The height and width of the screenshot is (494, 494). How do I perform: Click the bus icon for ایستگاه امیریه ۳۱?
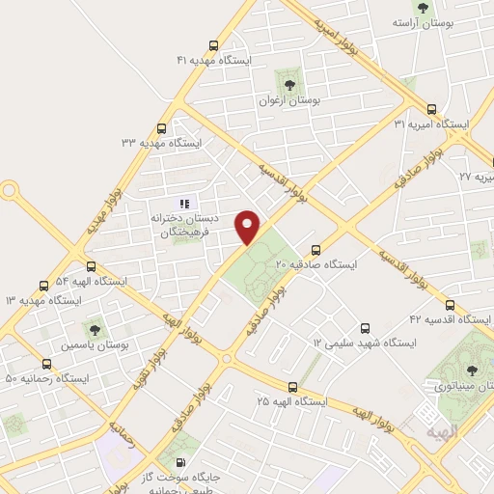431,109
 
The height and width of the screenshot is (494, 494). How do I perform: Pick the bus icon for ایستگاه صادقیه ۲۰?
316,248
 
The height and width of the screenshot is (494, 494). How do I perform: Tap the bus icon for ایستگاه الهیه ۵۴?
91,266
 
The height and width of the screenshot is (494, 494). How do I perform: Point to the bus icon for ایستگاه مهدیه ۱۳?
43,286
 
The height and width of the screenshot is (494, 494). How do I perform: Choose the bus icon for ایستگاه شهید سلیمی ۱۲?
365,328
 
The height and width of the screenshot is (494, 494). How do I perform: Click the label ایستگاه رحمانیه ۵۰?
46,378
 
